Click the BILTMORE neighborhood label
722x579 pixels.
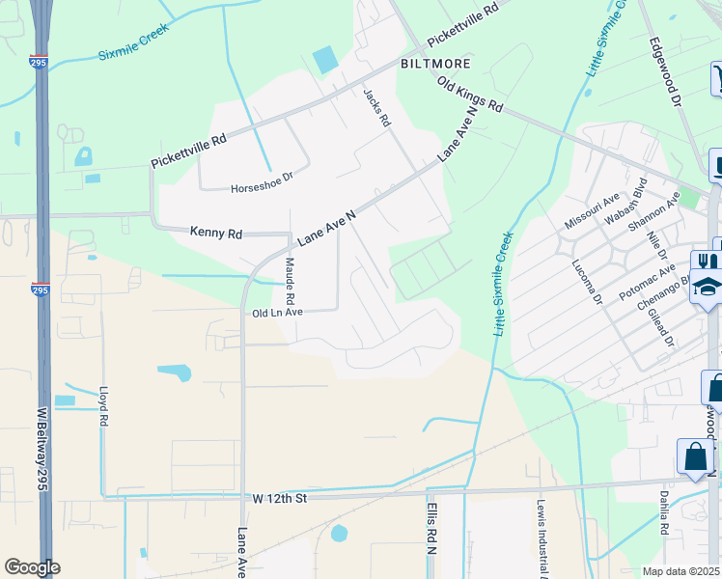[435, 64]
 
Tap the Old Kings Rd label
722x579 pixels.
[470, 94]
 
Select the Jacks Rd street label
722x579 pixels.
[375, 108]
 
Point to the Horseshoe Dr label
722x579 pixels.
[261, 189]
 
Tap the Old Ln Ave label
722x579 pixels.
[277, 313]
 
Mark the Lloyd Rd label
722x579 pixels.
[103, 407]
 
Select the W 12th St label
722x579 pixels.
[279, 498]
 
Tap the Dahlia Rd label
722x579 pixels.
[665, 515]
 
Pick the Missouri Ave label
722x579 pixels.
[585, 215]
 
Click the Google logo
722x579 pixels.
[32, 566]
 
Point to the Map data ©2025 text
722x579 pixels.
[681, 571]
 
